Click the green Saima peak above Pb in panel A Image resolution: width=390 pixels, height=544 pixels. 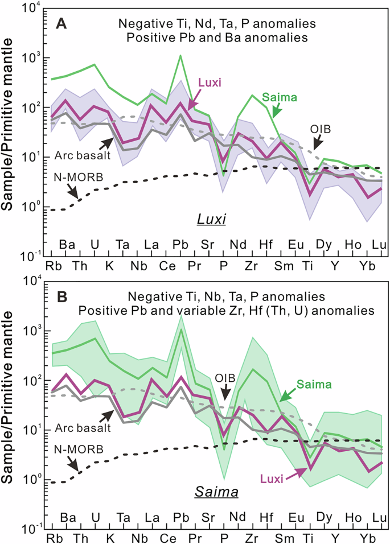coord(180,56)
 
